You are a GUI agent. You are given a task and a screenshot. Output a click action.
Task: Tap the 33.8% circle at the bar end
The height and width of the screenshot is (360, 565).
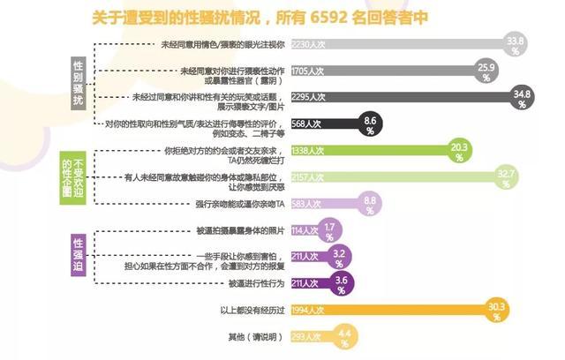coord(514,44)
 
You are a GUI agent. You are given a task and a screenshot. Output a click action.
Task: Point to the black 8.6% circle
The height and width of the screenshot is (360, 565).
coord(370,123)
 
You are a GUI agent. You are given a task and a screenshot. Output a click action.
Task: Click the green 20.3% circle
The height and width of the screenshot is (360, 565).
coord(458,151)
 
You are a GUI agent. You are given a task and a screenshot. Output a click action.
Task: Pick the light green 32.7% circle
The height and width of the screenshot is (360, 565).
coord(506,178)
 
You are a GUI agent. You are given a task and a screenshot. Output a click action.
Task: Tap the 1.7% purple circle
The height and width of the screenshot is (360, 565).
coord(329,232)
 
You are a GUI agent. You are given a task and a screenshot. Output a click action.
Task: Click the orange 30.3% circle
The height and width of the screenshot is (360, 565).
coord(495,310)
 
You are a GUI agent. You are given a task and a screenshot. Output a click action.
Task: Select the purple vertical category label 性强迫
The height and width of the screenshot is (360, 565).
coord(79,254)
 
